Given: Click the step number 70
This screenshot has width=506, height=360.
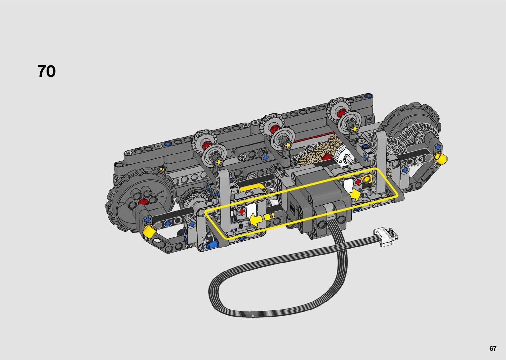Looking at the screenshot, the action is click(x=46, y=71).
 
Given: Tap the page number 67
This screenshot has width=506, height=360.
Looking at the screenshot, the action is click(x=493, y=348).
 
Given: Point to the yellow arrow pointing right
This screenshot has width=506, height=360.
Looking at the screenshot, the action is click(x=355, y=195).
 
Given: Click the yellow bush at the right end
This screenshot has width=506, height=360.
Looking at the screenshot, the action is click(x=440, y=158).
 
